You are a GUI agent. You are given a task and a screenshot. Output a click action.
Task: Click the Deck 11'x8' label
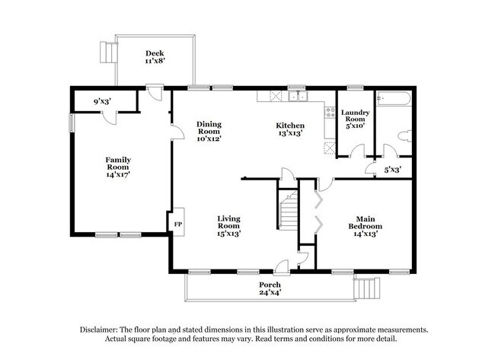point(155,57)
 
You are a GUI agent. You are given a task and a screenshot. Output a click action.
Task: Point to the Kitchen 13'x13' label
point(290,129)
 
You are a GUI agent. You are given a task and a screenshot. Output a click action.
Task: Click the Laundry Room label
point(356,119)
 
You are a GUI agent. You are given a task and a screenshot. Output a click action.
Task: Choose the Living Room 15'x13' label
point(228,226)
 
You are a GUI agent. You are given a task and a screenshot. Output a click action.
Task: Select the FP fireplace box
point(178,225)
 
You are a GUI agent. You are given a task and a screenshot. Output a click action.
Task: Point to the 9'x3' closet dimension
point(104,100)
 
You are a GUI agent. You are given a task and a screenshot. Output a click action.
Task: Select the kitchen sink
point(297,96)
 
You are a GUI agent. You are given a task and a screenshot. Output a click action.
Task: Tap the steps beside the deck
point(108,51)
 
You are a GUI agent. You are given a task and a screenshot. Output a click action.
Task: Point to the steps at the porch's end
point(368,290)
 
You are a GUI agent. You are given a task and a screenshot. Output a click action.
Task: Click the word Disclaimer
point(104,330)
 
